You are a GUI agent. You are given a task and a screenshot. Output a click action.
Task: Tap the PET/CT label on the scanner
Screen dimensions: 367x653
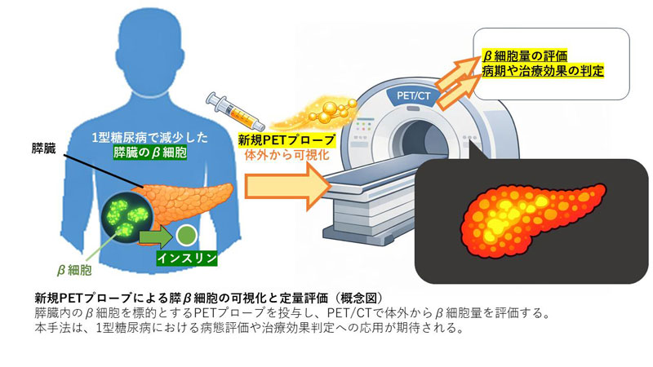(x=417, y=95)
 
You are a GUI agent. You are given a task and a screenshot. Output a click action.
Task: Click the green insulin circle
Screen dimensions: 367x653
(x=186, y=236)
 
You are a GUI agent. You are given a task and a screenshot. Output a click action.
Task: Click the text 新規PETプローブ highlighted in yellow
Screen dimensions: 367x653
(x=279, y=139)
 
